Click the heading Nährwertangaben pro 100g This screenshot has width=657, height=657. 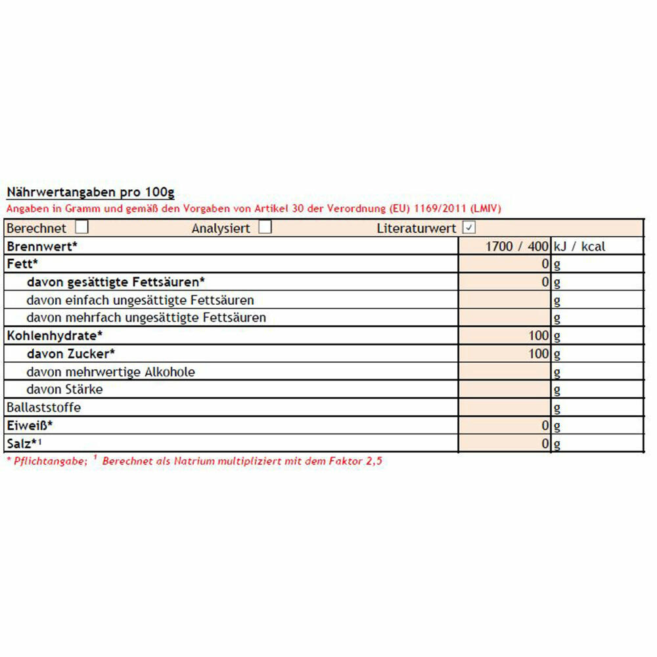pos(90,193)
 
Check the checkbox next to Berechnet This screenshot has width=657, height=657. pos(82,227)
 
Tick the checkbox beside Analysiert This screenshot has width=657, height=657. pos(265,227)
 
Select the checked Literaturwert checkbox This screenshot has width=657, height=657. pos(469,228)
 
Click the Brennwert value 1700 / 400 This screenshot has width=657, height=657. pos(516,247)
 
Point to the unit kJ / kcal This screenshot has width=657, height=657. pos(579,247)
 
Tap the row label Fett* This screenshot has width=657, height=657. pos(22,264)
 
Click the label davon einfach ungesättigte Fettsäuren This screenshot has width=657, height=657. pos(140,300)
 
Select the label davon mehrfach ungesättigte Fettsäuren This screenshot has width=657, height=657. pos(147,318)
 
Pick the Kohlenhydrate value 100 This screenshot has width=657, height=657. pos(538,336)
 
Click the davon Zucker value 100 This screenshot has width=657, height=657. pos(538,354)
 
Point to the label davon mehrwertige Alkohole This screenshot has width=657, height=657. pos(111,372)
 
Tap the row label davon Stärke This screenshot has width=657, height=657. pos(64,390)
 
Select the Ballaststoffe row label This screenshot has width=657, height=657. pos(43,407)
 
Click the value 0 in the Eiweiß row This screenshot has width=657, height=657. pos(545,426)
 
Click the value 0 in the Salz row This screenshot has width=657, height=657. pos(545,443)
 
